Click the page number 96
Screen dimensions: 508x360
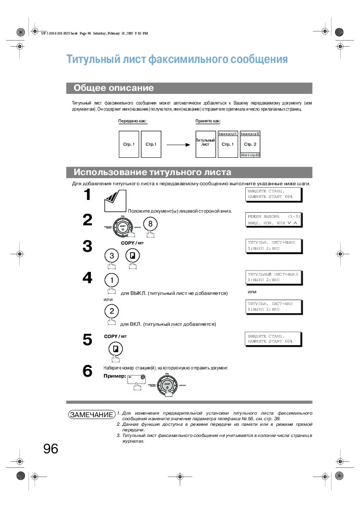point(51,449)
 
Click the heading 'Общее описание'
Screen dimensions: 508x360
point(113,88)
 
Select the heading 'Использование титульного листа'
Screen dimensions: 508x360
point(152,172)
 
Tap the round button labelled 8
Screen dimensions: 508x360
point(150,223)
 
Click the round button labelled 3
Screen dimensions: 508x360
point(111,256)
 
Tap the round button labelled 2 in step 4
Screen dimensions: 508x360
point(112,311)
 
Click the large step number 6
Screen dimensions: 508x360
point(87,371)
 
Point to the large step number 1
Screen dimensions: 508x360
point(87,195)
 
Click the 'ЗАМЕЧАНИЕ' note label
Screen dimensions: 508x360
point(91,415)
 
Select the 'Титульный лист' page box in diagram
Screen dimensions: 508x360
point(206,144)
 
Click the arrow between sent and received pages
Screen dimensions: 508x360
point(178,145)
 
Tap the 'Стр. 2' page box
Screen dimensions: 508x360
point(250,144)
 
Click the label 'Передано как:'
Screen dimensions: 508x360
point(133,121)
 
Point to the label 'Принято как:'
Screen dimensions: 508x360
point(208,121)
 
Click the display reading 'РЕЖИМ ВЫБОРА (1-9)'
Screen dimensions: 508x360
point(273,219)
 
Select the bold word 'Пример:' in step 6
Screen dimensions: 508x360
point(114,376)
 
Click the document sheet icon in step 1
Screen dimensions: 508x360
point(115,201)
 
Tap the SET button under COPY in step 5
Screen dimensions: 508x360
point(116,349)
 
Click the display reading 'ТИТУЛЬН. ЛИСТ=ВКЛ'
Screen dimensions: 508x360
point(273,306)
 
